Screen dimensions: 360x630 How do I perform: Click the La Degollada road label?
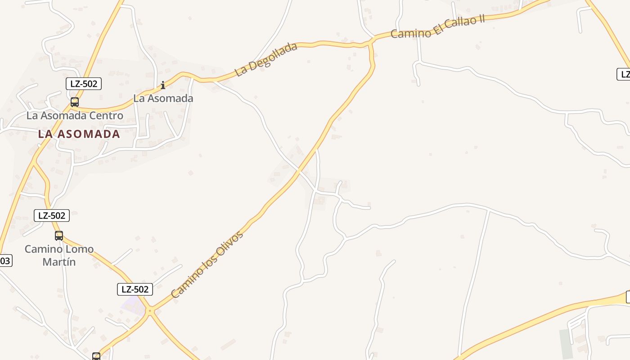point(266,59)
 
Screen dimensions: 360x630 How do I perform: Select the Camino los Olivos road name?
point(207,265)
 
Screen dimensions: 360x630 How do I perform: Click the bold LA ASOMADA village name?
point(79,134)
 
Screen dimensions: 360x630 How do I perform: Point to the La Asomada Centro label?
point(75,116)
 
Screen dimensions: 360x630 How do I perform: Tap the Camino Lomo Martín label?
point(59,255)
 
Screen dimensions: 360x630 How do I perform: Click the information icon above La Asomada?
point(163,85)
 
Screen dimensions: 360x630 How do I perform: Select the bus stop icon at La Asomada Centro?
point(75,102)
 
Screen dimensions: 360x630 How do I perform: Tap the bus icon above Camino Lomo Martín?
point(59,235)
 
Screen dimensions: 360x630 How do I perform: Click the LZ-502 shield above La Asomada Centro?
point(84,84)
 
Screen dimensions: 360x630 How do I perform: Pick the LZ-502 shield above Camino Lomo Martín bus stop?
point(52,216)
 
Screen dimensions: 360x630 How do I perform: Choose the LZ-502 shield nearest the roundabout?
point(135,289)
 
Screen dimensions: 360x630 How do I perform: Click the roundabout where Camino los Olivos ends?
point(150,310)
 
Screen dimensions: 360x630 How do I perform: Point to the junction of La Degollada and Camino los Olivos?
point(371,42)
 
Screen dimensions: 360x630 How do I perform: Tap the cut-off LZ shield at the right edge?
point(624,74)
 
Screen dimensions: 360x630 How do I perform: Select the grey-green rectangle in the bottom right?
point(565,344)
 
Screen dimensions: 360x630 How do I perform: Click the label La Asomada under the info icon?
point(163,98)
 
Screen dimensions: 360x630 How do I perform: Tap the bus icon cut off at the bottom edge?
point(96,356)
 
